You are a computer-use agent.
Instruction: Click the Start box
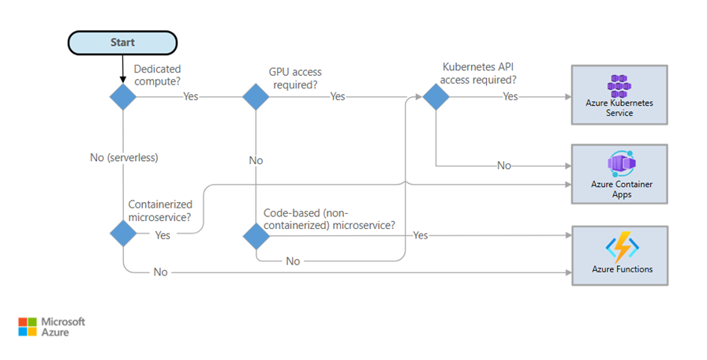pyautogui.click(x=122, y=43)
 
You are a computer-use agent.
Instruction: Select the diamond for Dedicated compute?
pyautogui.click(x=122, y=97)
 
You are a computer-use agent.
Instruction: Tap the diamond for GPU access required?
pyautogui.click(x=256, y=97)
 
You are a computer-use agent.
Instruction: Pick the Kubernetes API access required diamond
pyautogui.click(x=436, y=97)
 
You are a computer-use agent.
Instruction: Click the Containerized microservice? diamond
pyautogui.click(x=122, y=234)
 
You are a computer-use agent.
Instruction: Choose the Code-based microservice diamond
pyautogui.click(x=256, y=235)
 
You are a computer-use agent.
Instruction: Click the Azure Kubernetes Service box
pyautogui.click(x=619, y=95)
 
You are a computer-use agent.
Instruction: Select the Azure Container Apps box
pyautogui.click(x=619, y=173)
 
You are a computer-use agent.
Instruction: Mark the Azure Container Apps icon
pyautogui.click(x=619, y=164)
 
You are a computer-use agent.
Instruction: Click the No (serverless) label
pyautogui.click(x=124, y=157)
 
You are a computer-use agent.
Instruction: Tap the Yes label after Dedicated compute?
pyautogui.click(x=190, y=97)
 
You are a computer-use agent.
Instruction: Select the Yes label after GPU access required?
pyautogui.click(x=338, y=97)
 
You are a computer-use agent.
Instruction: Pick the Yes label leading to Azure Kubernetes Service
pyautogui.click(x=511, y=97)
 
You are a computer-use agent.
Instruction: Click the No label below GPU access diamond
pyautogui.click(x=256, y=160)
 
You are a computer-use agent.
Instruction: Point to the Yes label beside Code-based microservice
pyautogui.click(x=421, y=235)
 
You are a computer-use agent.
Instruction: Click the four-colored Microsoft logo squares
pyautogui.click(x=27, y=327)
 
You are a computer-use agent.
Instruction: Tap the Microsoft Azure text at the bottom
pyautogui.click(x=62, y=327)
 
